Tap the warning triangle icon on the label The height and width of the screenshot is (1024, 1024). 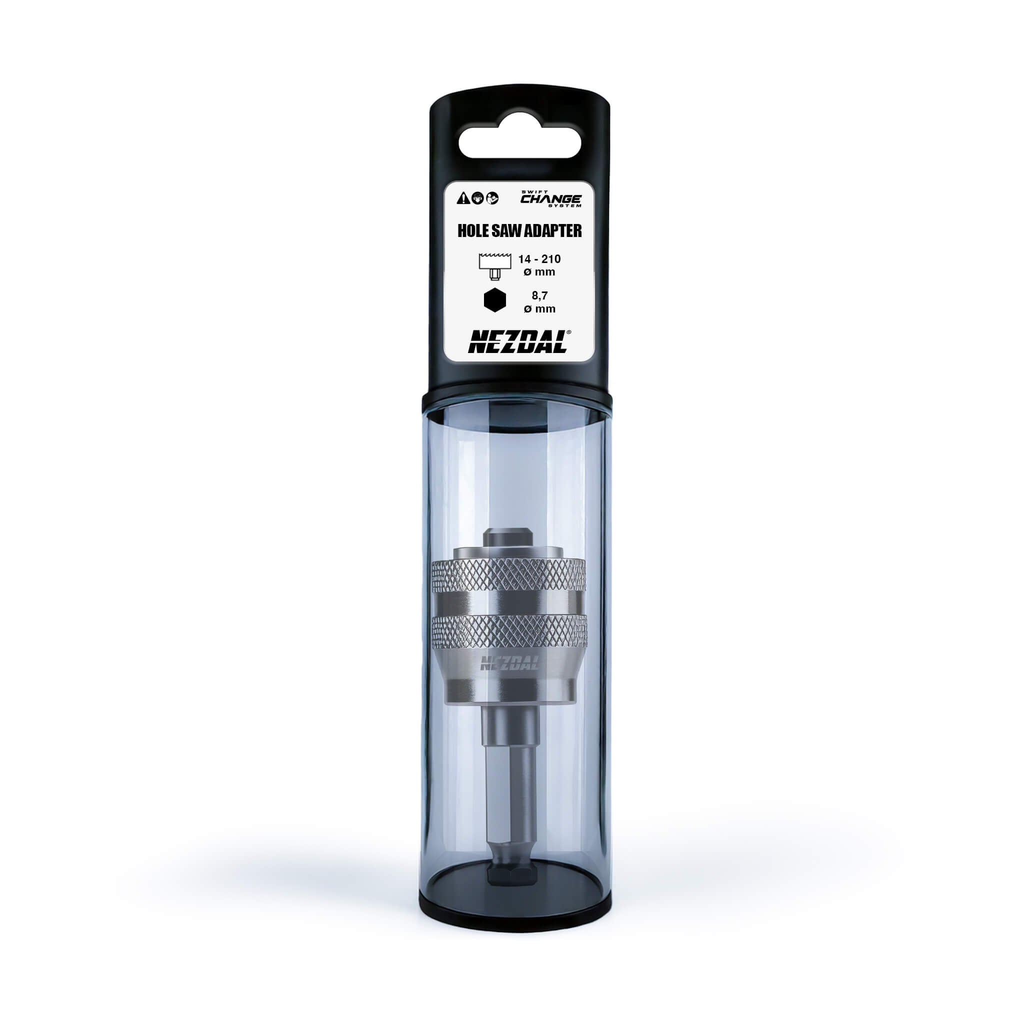(462, 198)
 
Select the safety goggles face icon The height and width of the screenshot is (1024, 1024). (477, 198)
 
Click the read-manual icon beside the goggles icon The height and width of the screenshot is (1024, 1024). (492, 198)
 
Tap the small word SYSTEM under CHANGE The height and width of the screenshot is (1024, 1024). (568, 205)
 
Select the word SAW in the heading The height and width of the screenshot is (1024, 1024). (506, 230)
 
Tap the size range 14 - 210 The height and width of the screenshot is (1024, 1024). (539, 259)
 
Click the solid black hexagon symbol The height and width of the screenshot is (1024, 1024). (494, 300)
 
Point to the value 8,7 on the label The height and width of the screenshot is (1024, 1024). (539, 296)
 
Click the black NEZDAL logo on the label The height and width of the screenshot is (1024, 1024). (517, 342)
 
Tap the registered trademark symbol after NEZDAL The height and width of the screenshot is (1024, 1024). (568, 332)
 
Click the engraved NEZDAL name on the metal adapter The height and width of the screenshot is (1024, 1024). (509, 662)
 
